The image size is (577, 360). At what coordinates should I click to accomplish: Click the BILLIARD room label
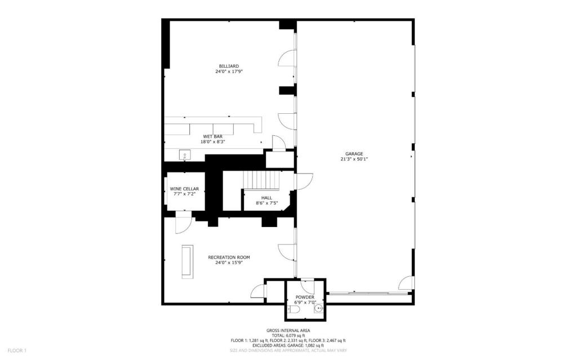pyautogui.click(x=228, y=66)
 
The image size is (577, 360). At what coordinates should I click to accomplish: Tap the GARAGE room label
pyautogui.click(x=354, y=153)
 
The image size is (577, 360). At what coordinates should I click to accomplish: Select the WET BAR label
pyautogui.click(x=211, y=136)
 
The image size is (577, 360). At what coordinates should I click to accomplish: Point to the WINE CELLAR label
pyautogui.click(x=184, y=189)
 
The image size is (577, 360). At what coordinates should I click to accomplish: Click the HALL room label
pyautogui.click(x=267, y=198)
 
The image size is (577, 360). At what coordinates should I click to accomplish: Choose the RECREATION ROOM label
pyautogui.click(x=229, y=257)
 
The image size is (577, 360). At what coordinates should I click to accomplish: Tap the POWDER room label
pyautogui.click(x=305, y=297)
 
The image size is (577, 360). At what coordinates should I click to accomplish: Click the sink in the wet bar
pyautogui.click(x=184, y=154)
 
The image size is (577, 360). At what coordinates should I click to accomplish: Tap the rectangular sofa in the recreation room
pyautogui.click(x=187, y=261)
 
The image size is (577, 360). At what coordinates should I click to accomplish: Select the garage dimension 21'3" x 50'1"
pyautogui.click(x=354, y=159)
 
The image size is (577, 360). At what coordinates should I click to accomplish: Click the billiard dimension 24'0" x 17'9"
pyautogui.click(x=228, y=72)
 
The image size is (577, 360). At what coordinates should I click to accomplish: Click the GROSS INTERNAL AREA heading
pyautogui.click(x=288, y=331)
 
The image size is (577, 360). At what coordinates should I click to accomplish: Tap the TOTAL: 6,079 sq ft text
pyautogui.click(x=288, y=335)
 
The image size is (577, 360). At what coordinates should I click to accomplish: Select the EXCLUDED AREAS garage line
pyautogui.click(x=288, y=345)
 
